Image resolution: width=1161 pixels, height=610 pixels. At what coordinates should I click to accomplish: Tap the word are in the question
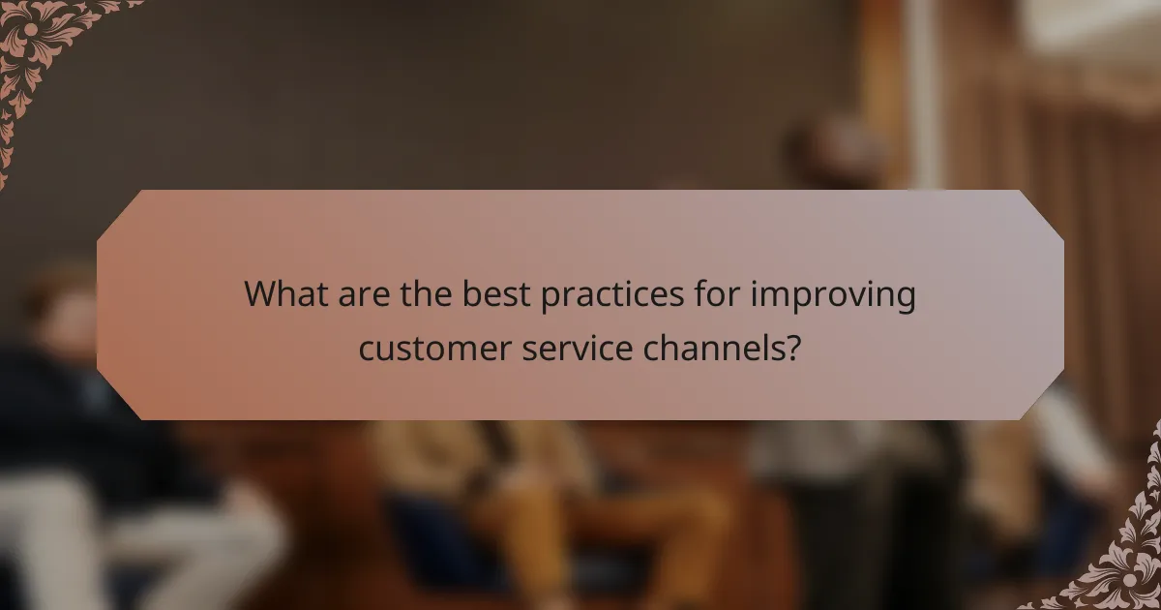point(365,295)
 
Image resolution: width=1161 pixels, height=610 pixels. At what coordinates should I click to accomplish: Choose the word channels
point(717,347)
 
